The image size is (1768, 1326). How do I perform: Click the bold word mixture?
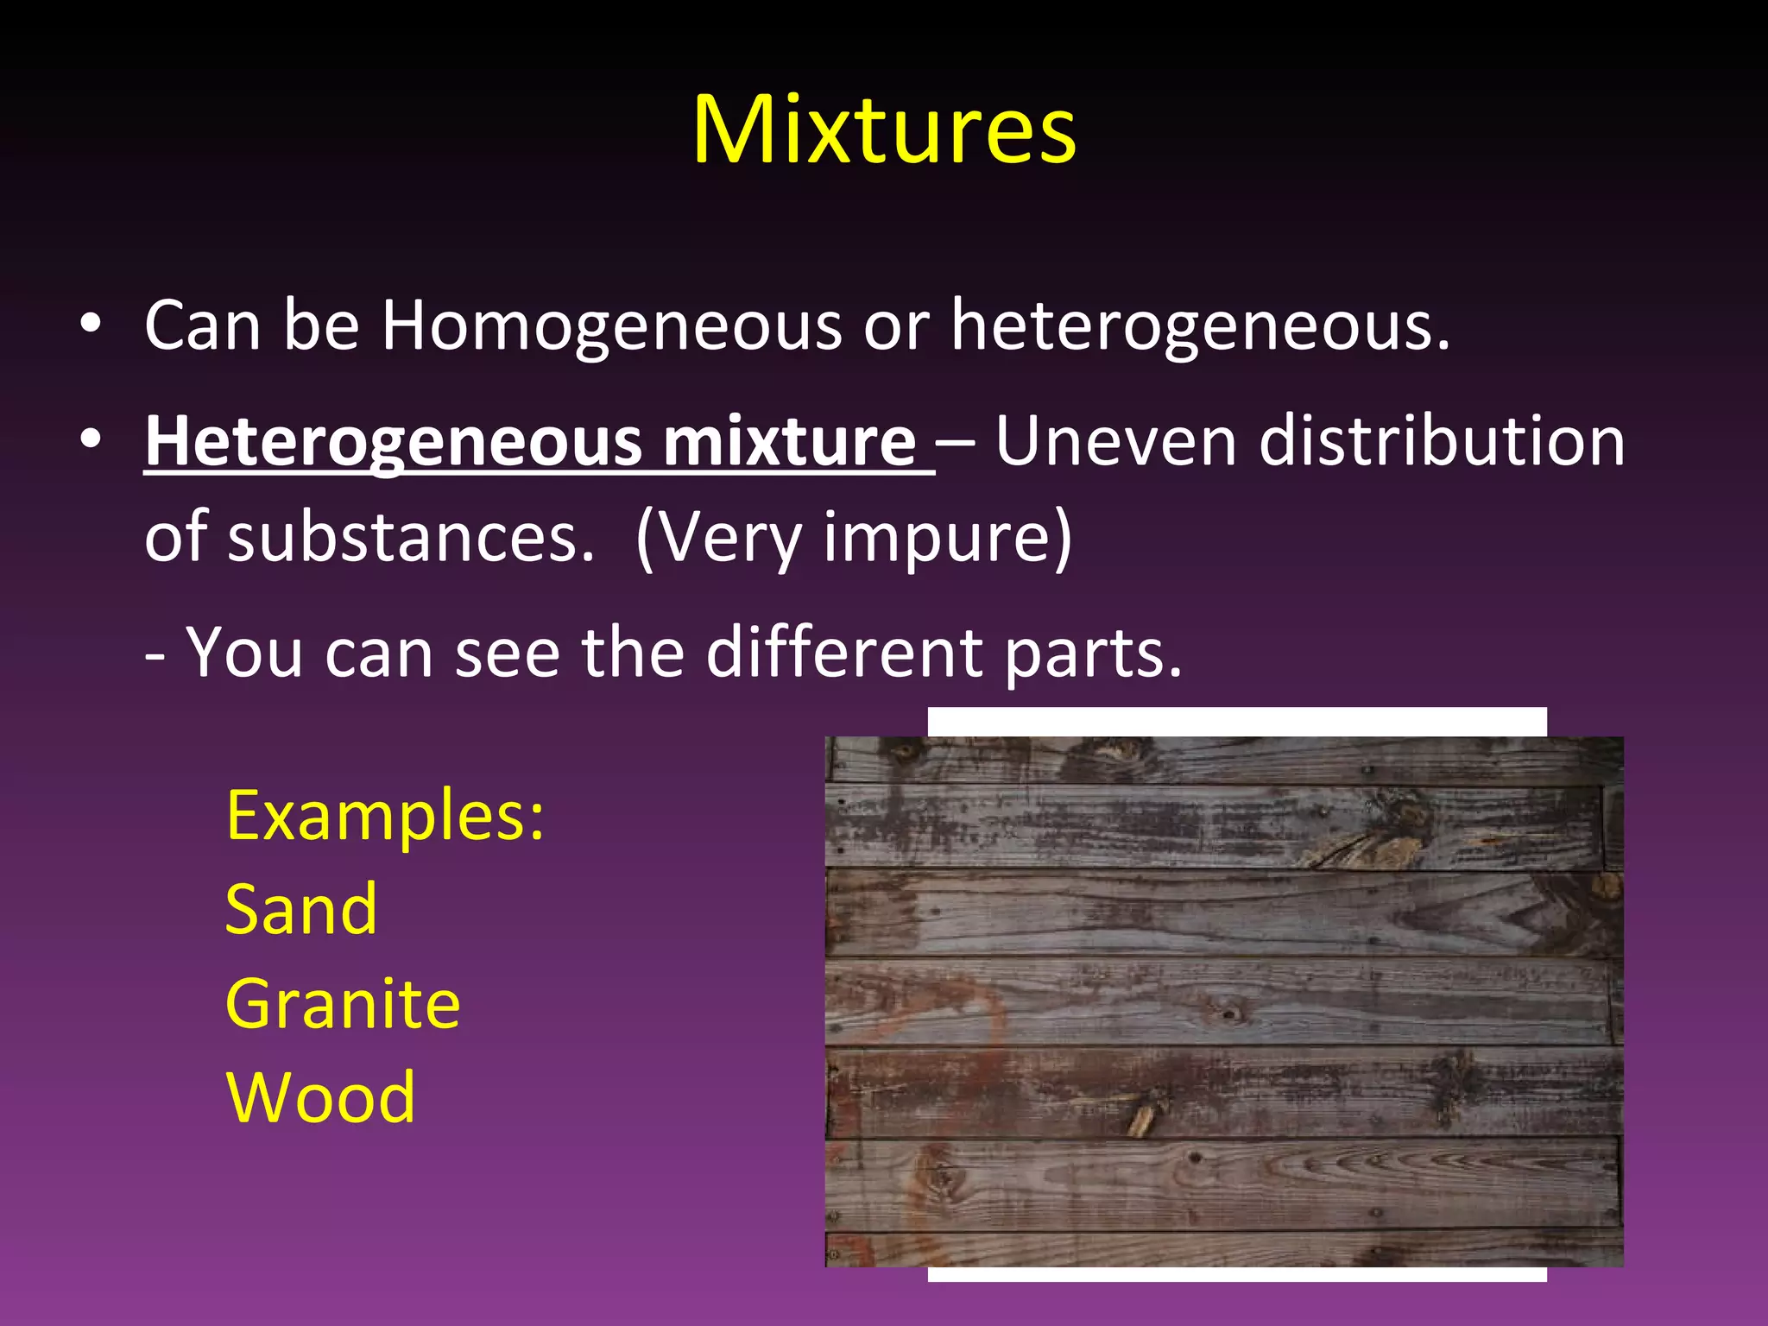pos(789,442)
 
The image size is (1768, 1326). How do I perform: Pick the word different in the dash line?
pos(844,653)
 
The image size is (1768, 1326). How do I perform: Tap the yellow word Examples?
pos(385,816)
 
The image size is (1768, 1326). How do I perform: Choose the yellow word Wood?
pos(320,1097)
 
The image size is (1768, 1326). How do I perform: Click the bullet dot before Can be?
pos(90,326)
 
